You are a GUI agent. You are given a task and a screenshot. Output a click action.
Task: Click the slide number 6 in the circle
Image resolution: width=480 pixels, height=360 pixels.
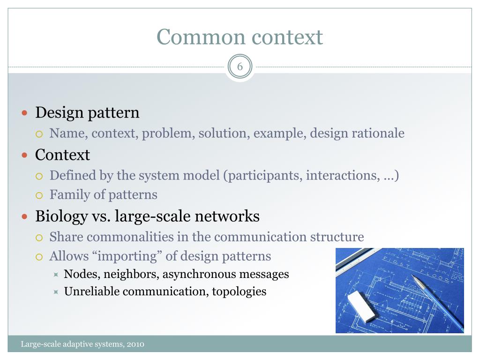point(240,67)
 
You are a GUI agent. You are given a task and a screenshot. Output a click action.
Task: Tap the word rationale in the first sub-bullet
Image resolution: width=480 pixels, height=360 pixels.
point(376,133)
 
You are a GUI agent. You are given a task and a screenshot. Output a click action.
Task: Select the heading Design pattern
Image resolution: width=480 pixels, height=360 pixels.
point(88,113)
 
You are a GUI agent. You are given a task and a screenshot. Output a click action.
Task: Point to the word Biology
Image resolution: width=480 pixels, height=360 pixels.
point(61,217)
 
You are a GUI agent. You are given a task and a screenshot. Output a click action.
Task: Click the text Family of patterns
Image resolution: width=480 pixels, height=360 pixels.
point(103,195)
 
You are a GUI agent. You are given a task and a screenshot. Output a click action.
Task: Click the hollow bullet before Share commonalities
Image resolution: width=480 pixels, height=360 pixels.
point(40,237)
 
